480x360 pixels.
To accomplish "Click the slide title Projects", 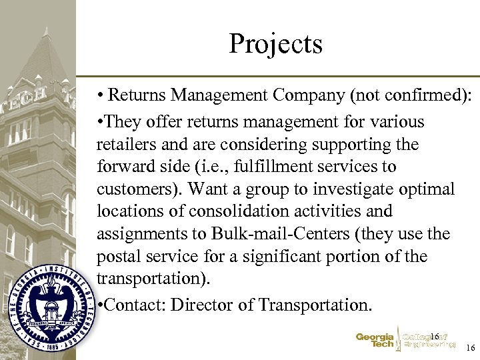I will coord(275,44).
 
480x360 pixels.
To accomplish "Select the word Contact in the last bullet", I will coord(135,305).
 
